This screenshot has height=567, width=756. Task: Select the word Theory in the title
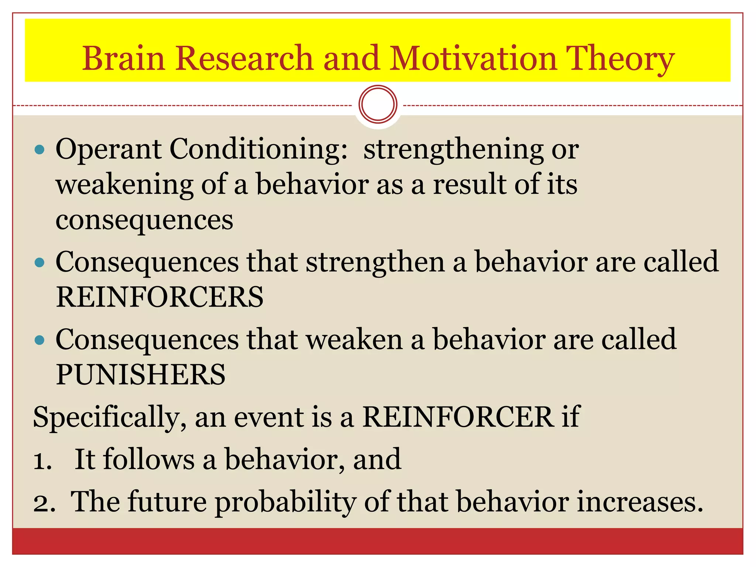click(620, 59)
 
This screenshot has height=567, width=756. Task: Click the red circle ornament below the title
click(378, 104)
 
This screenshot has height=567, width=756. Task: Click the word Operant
click(108, 150)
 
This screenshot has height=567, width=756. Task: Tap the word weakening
click(124, 185)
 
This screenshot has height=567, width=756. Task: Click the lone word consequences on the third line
click(144, 220)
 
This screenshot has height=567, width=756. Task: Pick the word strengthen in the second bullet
click(375, 262)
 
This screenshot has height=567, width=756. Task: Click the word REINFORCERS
click(159, 297)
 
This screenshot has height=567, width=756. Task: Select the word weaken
click(354, 340)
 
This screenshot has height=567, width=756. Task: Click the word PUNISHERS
click(141, 375)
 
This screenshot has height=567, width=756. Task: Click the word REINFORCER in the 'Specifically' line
click(458, 417)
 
